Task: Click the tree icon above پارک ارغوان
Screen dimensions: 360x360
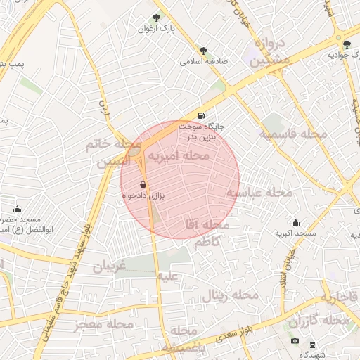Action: click(x=156, y=18)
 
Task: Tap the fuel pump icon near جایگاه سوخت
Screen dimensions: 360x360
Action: click(x=202, y=115)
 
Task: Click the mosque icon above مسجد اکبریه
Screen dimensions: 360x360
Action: click(x=295, y=222)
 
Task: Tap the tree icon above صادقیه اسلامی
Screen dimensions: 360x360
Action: click(x=204, y=51)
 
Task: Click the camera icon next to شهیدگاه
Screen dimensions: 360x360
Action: click(x=295, y=342)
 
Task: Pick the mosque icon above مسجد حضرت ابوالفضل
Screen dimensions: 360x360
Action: click(x=18, y=209)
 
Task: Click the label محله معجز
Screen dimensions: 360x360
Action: click(x=103, y=324)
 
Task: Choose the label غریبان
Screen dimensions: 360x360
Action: click(x=109, y=266)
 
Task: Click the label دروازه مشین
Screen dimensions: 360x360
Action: click(x=270, y=52)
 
